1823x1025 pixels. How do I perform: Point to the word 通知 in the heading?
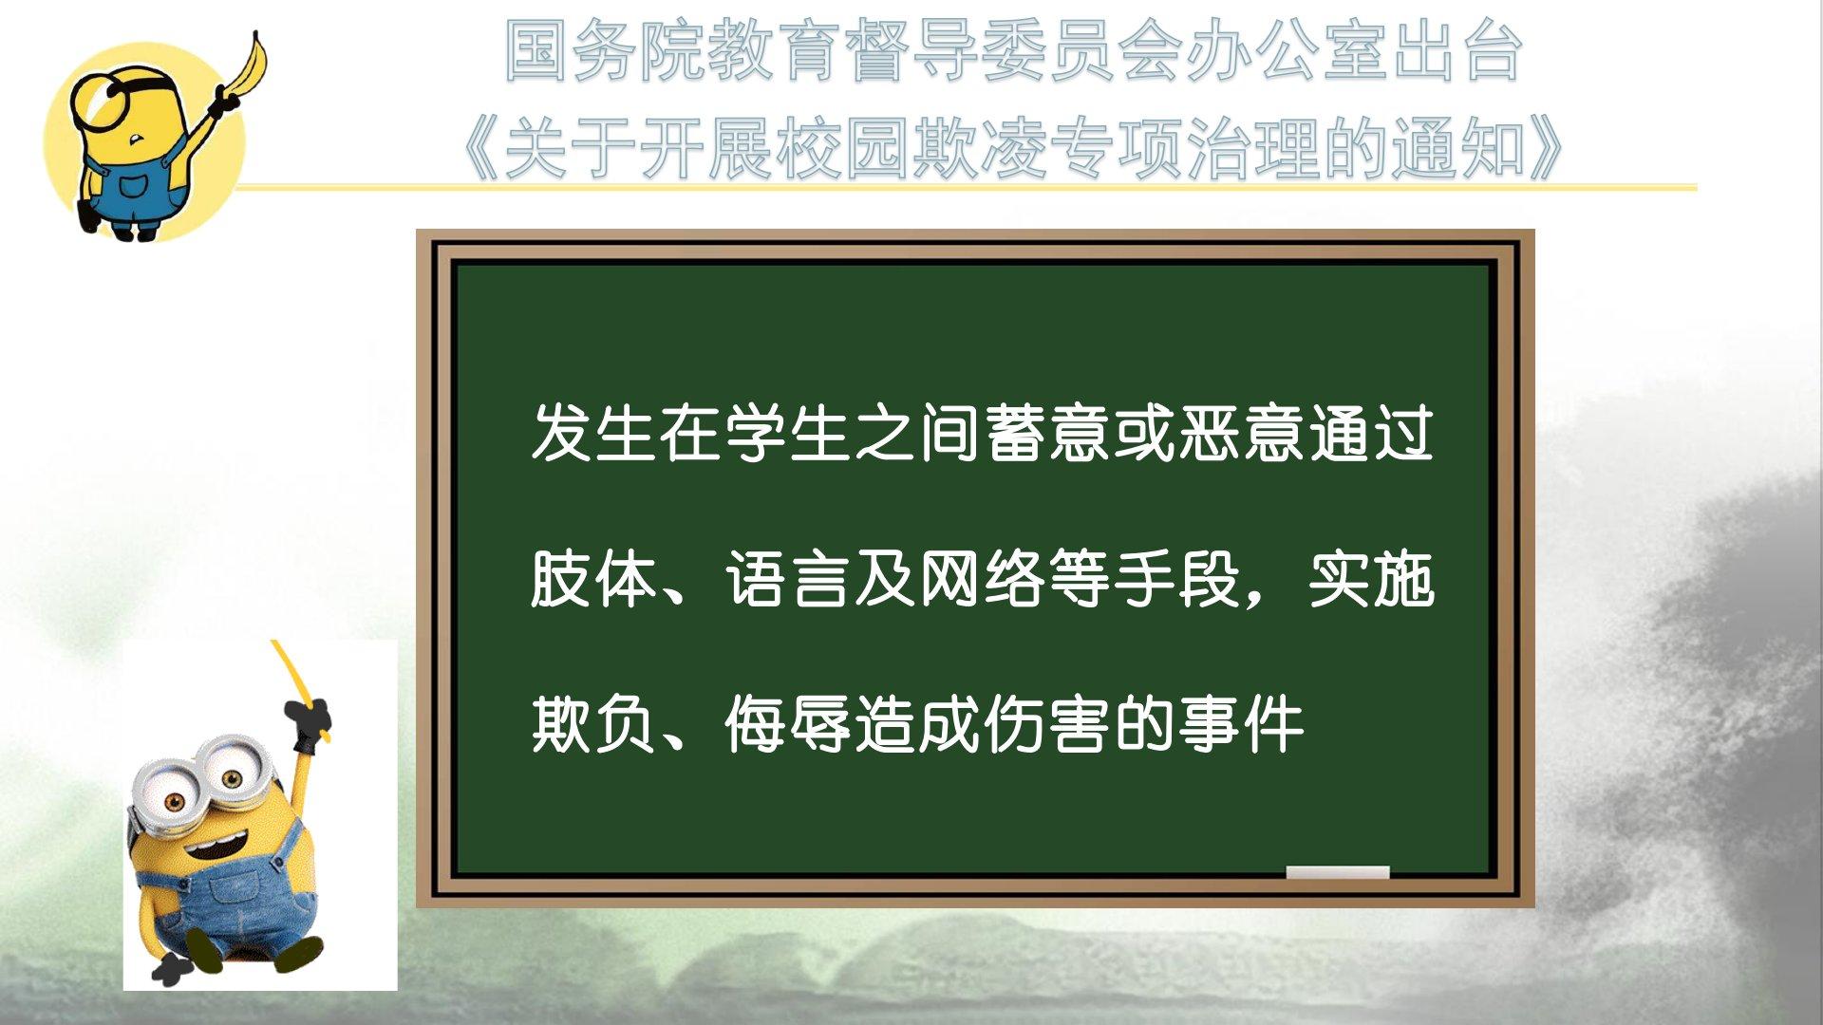click(1457, 150)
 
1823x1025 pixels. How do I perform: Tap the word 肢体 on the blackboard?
click(592, 579)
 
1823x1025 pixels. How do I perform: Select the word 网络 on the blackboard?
click(982, 579)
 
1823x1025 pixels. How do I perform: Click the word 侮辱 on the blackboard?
click(787, 725)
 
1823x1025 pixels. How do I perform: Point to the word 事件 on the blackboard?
click(1242, 725)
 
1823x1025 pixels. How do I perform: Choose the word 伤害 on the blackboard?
click(1046, 725)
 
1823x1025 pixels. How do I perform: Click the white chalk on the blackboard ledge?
click(1337, 872)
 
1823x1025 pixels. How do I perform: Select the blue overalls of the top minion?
click(133, 194)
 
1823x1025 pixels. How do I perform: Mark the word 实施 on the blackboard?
click(1371, 579)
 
